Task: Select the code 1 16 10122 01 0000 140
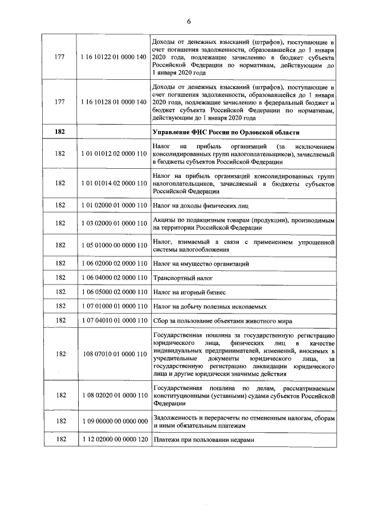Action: click(113, 58)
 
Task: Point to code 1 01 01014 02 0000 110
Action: click(113, 184)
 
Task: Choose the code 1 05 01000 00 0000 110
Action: click(113, 245)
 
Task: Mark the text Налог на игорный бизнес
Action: click(190, 292)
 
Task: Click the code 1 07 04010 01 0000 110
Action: click(113, 320)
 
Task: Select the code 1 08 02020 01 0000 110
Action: click(113, 395)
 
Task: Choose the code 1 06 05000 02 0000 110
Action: click(113, 292)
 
